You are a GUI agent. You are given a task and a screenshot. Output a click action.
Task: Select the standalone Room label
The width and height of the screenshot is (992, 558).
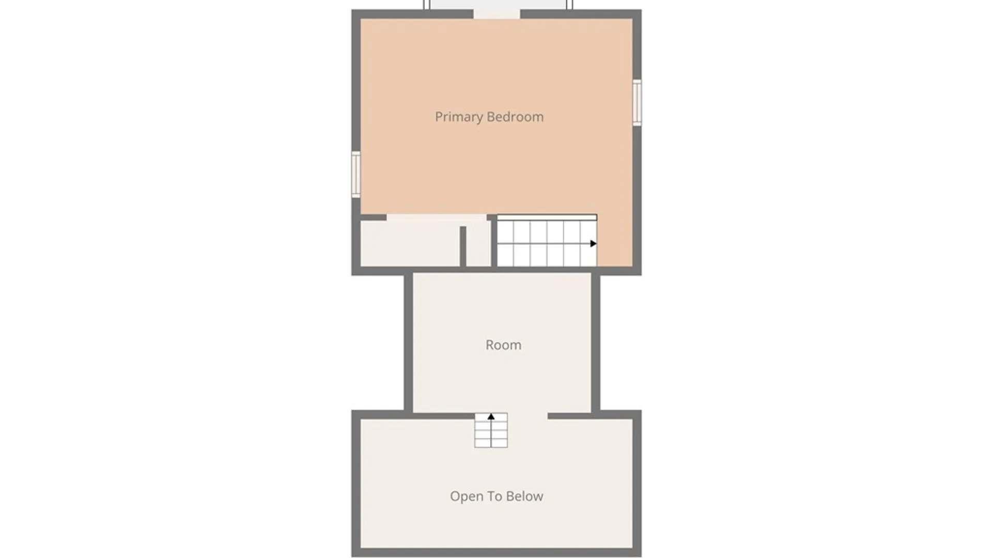click(x=503, y=345)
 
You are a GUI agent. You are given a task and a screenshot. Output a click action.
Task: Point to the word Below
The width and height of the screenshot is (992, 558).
click(x=524, y=496)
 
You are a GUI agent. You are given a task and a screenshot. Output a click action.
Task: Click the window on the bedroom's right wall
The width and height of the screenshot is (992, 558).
click(x=638, y=102)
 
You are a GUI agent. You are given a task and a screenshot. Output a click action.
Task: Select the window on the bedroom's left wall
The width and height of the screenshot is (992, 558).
click(x=356, y=174)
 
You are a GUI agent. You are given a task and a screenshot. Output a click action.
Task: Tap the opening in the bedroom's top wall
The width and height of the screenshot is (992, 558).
click(x=497, y=14)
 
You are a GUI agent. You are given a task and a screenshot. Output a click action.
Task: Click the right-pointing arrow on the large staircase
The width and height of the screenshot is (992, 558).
click(x=594, y=243)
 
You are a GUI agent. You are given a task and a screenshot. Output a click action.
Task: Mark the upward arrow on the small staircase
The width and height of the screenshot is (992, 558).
click(x=491, y=416)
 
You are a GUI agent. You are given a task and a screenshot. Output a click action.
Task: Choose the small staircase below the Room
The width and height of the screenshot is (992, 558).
click(x=491, y=430)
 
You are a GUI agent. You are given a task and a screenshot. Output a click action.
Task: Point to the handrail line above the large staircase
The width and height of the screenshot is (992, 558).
click(x=547, y=218)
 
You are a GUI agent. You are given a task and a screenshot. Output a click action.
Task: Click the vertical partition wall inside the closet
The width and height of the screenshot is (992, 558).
click(x=463, y=246)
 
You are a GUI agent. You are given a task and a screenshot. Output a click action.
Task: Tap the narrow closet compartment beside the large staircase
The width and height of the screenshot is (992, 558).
click(x=478, y=244)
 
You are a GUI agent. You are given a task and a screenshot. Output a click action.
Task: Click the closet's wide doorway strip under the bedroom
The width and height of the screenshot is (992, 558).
click(x=437, y=218)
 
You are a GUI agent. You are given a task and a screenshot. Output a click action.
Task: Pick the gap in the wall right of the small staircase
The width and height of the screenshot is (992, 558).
click(x=528, y=416)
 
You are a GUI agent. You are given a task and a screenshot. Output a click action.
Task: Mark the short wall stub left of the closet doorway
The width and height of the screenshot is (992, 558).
click(x=373, y=218)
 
